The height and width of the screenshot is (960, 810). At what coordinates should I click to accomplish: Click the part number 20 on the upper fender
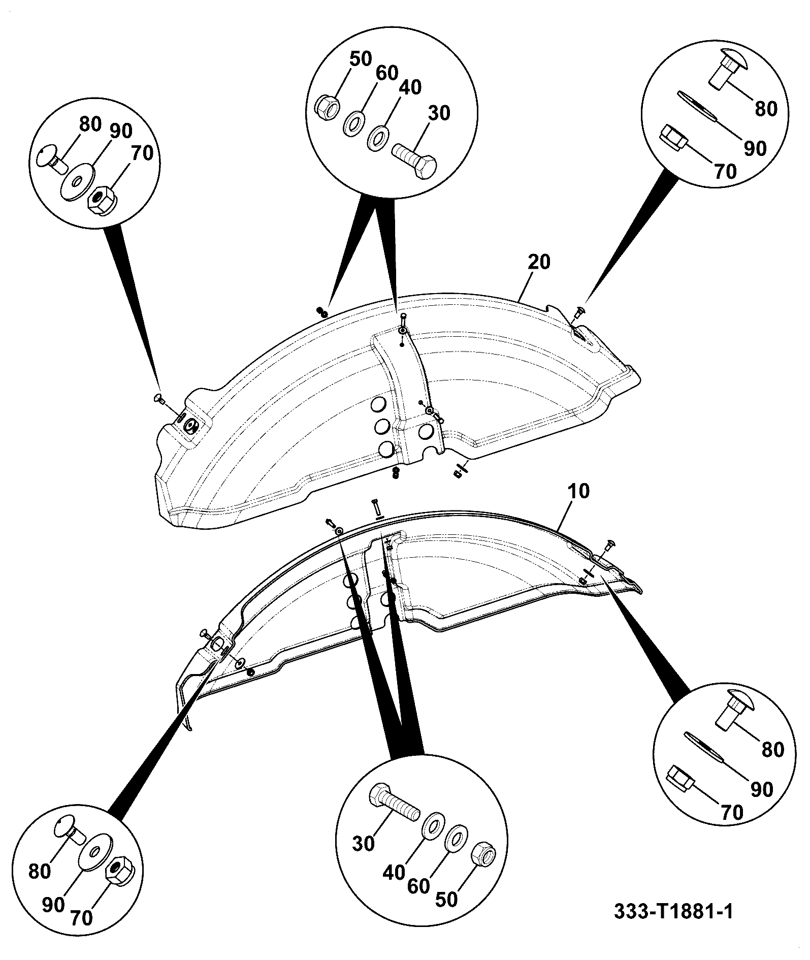539,262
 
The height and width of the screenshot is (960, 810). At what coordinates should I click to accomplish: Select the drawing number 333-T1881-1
674,911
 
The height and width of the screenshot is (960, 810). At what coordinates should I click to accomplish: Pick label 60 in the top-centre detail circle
386,73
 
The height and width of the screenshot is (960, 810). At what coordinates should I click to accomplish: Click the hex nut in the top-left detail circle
103,199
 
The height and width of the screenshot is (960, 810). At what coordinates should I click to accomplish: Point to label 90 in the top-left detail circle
120,131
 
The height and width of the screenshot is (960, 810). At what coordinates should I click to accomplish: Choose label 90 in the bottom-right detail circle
760,789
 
